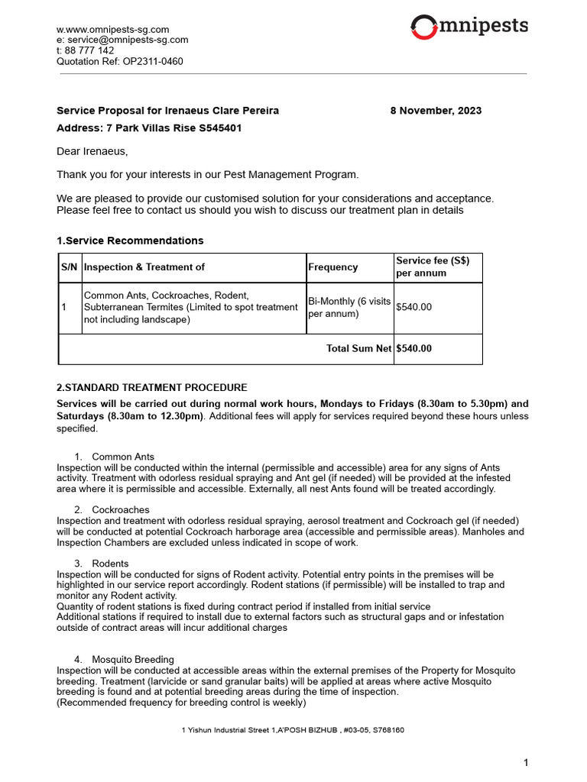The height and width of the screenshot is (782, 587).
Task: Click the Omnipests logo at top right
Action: coord(469,27)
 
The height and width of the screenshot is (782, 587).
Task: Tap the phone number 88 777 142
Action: coord(90,50)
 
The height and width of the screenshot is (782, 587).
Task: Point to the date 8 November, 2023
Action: coord(436,111)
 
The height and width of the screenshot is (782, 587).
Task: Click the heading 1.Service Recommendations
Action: coord(130,241)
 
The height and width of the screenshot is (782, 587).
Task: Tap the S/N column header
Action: coord(70,267)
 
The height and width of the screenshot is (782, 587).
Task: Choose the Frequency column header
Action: coord(332,267)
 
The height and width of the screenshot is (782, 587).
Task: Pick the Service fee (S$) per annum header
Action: coord(433,267)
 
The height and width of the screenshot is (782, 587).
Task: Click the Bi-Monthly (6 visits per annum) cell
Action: coord(348,307)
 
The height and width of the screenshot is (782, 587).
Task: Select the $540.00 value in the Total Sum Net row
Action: coord(413,348)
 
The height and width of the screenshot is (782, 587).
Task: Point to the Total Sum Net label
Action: coord(358,348)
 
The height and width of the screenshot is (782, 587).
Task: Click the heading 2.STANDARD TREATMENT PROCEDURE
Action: coord(152,388)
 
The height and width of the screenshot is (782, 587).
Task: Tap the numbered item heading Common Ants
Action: coord(123,457)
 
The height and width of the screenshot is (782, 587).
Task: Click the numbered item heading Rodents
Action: coord(110,564)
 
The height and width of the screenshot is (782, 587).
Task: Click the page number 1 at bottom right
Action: coord(525,762)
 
